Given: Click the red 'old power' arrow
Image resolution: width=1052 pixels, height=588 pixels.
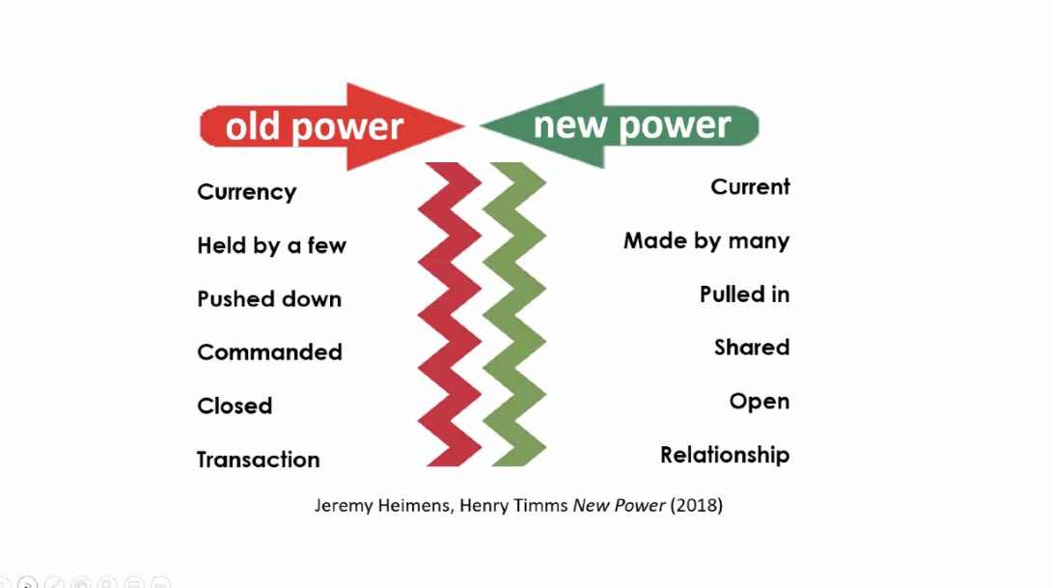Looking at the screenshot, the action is click(332, 126).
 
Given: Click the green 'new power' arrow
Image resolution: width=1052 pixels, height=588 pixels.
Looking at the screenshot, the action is click(620, 126).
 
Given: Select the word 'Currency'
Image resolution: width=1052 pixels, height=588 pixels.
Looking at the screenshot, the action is click(247, 192).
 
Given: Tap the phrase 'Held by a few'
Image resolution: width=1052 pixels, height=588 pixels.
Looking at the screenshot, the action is click(272, 245).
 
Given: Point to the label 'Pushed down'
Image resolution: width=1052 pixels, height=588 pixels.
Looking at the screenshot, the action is click(269, 298).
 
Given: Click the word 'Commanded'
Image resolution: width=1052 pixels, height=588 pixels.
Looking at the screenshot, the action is click(269, 351).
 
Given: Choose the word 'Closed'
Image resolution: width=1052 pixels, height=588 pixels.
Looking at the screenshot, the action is click(235, 406).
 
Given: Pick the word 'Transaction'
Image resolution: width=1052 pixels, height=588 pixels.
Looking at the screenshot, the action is click(259, 460).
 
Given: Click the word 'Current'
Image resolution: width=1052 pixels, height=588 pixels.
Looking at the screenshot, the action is click(750, 186).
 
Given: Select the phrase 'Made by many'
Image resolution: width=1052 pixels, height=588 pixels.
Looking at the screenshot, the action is click(706, 241).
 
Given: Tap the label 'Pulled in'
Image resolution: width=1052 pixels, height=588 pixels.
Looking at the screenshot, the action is click(745, 294).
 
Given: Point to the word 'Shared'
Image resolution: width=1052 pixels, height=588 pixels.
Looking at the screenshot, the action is click(752, 347).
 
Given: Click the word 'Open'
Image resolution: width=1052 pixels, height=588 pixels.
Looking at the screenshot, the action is click(760, 402).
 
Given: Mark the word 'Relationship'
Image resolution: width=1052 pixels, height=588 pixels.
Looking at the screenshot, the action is click(725, 455).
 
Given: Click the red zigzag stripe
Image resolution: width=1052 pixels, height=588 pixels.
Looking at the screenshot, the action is click(450, 314).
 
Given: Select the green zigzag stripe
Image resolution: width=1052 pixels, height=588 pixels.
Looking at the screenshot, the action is click(513, 314).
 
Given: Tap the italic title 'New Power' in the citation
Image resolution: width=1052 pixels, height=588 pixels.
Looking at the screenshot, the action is click(619, 505).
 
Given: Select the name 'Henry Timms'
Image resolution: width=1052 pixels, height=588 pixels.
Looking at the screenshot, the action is click(513, 505).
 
